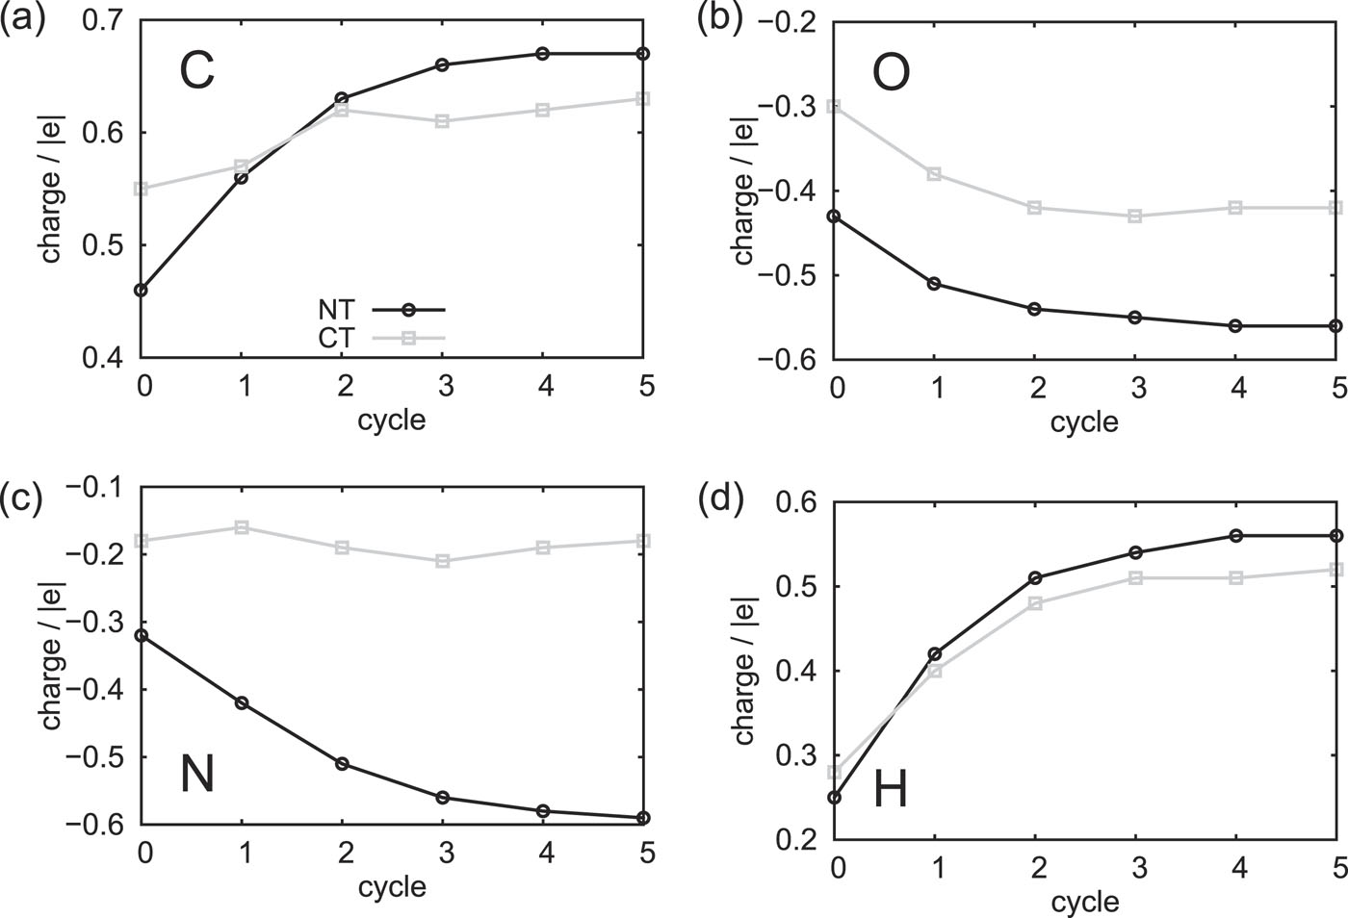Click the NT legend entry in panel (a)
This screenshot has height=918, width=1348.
(336, 310)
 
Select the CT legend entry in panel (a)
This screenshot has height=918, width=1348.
(336, 338)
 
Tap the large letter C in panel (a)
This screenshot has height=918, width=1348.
(196, 73)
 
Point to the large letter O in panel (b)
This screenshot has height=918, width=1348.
(890, 73)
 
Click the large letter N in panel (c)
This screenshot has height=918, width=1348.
(197, 776)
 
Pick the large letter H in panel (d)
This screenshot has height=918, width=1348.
(890, 791)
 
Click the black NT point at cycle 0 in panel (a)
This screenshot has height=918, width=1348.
(142, 290)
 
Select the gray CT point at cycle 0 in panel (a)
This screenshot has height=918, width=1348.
(142, 189)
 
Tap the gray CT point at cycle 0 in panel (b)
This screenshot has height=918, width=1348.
(835, 106)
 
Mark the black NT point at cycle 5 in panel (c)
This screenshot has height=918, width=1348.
(643, 818)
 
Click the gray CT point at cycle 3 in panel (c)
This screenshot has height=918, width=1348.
(442, 561)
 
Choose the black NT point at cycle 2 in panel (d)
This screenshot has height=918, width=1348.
(1035, 578)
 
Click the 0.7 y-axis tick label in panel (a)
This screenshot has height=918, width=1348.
(101, 20)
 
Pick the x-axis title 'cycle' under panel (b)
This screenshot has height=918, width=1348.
(1084, 421)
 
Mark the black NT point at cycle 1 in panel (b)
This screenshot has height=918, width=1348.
(935, 284)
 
